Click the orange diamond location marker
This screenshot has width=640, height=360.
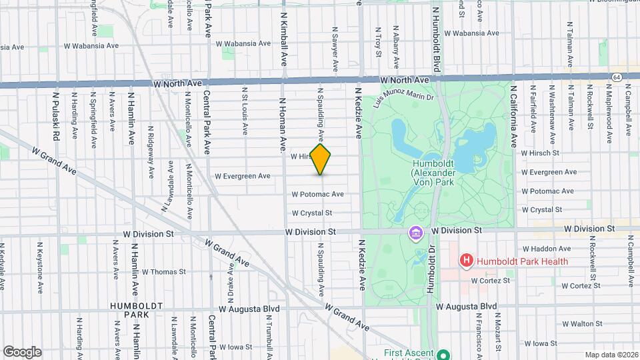[x=321, y=159]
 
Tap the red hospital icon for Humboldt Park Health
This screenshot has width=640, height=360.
[x=467, y=261]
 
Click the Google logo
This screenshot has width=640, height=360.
[x=22, y=352]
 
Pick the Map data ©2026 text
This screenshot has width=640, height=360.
[x=611, y=355]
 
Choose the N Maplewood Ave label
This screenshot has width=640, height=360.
[x=607, y=117]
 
